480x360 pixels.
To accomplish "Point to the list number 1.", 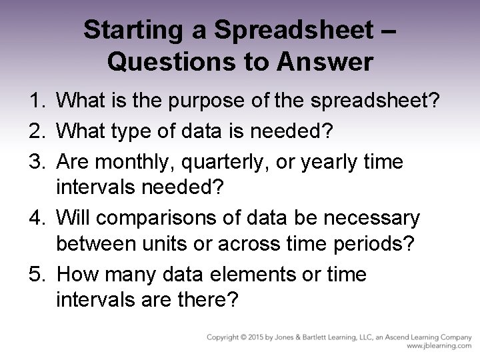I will (34, 101).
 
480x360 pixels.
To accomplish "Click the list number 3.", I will (34, 159).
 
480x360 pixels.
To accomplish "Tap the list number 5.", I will (34, 275).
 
